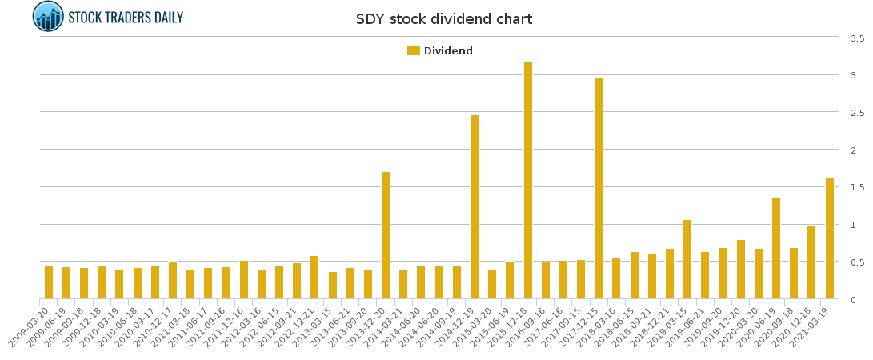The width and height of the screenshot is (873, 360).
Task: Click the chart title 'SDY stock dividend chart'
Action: (x=443, y=19)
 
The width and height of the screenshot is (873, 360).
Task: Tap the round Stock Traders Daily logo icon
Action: (x=48, y=17)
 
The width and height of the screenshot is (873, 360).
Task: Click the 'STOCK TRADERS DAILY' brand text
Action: (x=126, y=18)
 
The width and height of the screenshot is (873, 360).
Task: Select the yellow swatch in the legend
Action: (x=413, y=50)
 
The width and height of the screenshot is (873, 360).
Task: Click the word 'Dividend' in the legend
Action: (x=448, y=51)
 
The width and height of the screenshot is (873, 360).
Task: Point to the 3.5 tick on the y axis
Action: (x=857, y=38)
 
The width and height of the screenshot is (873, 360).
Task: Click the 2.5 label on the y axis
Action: (x=857, y=113)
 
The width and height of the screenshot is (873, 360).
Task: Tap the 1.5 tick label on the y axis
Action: (x=857, y=187)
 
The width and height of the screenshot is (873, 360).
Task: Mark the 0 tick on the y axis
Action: (x=853, y=300)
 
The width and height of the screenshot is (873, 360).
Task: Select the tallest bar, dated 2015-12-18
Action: (x=528, y=181)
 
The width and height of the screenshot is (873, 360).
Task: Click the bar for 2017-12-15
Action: (x=599, y=188)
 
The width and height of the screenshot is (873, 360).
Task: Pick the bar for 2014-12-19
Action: (x=475, y=207)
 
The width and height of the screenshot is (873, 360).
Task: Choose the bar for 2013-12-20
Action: (x=386, y=235)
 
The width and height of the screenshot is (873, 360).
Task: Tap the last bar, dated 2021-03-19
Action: (x=830, y=238)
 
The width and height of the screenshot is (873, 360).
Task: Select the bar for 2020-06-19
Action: (x=776, y=248)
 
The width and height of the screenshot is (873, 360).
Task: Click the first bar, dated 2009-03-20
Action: (x=49, y=282)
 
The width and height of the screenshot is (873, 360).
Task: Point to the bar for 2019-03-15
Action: (x=687, y=259)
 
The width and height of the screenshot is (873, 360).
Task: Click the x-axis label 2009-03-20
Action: (x=30, y=326)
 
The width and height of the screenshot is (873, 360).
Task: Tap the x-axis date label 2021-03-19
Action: (x=811, y=326)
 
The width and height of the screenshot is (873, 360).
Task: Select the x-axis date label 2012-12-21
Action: (x=296, y=326)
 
